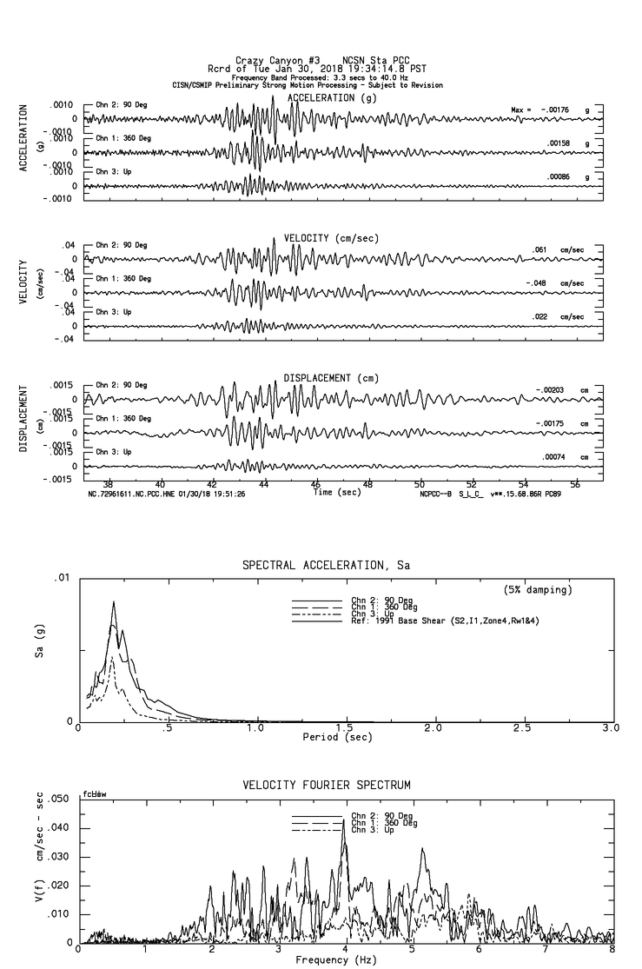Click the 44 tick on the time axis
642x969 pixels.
[x=264, y=484]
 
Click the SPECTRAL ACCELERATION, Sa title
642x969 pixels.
[x=325, y=565]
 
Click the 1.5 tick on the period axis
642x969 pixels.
[x=345, y=727]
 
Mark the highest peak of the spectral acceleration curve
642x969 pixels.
[x=113, y=601]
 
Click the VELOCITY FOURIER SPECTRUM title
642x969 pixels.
[x=325, y=786]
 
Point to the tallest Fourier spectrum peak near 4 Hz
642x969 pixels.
[x=344, y=820]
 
